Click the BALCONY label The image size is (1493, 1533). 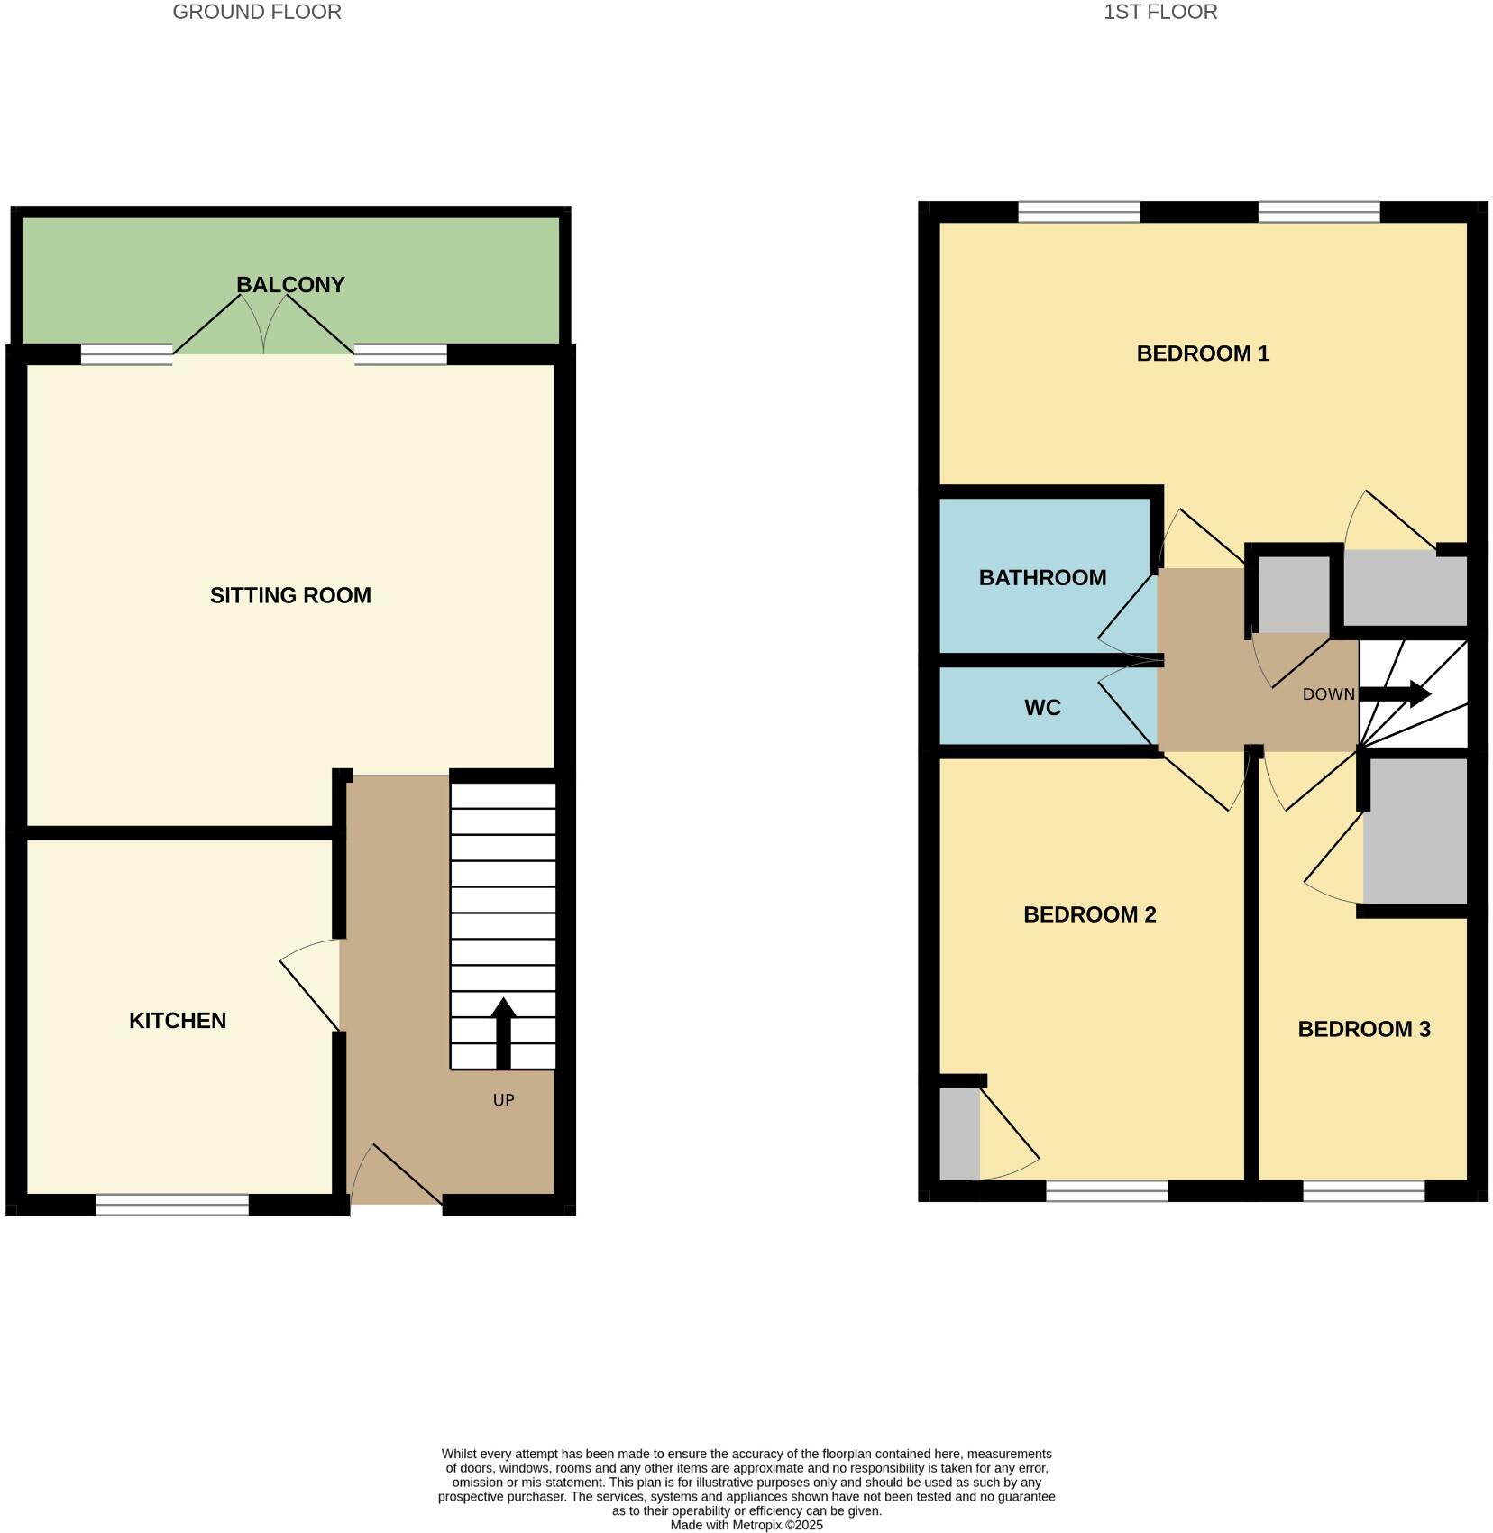pos(290,285)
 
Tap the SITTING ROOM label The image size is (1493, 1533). pos(290,595)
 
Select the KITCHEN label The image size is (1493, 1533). pos(178,1021)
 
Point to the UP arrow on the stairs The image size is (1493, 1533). pos(503,1033)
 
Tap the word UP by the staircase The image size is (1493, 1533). pos(503,1100)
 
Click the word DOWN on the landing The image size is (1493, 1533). pos(1328,694)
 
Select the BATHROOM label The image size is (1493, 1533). pos(1042,578)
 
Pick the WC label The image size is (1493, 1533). pos(1042,708)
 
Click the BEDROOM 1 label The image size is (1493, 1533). pos(1203,353)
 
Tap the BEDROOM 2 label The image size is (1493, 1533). pos(1089,914)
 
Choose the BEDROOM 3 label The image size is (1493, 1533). pos(1363,1029)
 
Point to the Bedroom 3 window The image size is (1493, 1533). pos(1363,1190)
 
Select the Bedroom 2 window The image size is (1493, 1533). pos(1106,1190)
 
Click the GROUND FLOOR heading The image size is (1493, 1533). pos(257,13)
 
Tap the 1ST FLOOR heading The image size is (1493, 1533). pos(1160,13)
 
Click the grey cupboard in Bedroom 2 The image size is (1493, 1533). pos(959,1134)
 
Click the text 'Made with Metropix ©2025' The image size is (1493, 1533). pos(746,1525)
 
